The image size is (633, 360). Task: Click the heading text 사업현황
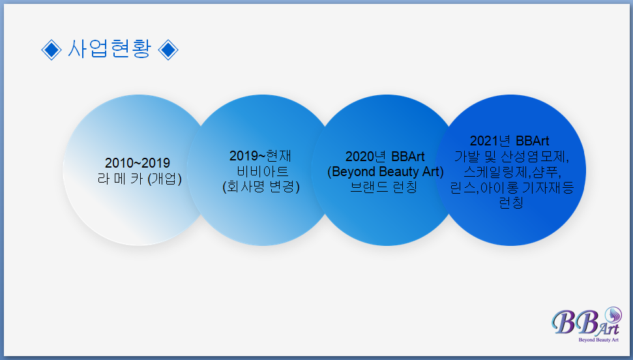(110, 50)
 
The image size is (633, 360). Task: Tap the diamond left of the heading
(52, 50)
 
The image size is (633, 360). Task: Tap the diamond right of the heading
(168, 50)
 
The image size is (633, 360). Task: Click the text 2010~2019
(138, 163)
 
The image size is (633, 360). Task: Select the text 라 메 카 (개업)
(140, 178)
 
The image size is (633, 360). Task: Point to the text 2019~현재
(260, 156)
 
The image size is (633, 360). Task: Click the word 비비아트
(263, 172)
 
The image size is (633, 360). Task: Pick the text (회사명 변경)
(261, 187)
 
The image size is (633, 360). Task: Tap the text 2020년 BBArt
(385, 157)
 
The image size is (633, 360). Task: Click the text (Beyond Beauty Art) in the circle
(385, 172)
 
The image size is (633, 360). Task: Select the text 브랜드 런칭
(383, 187)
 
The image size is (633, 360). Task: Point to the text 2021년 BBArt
(510, 141)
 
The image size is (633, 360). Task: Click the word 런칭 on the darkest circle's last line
(511, 202)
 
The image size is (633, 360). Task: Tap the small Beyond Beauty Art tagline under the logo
(598, 340)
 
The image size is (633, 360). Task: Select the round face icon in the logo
(613, 315)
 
